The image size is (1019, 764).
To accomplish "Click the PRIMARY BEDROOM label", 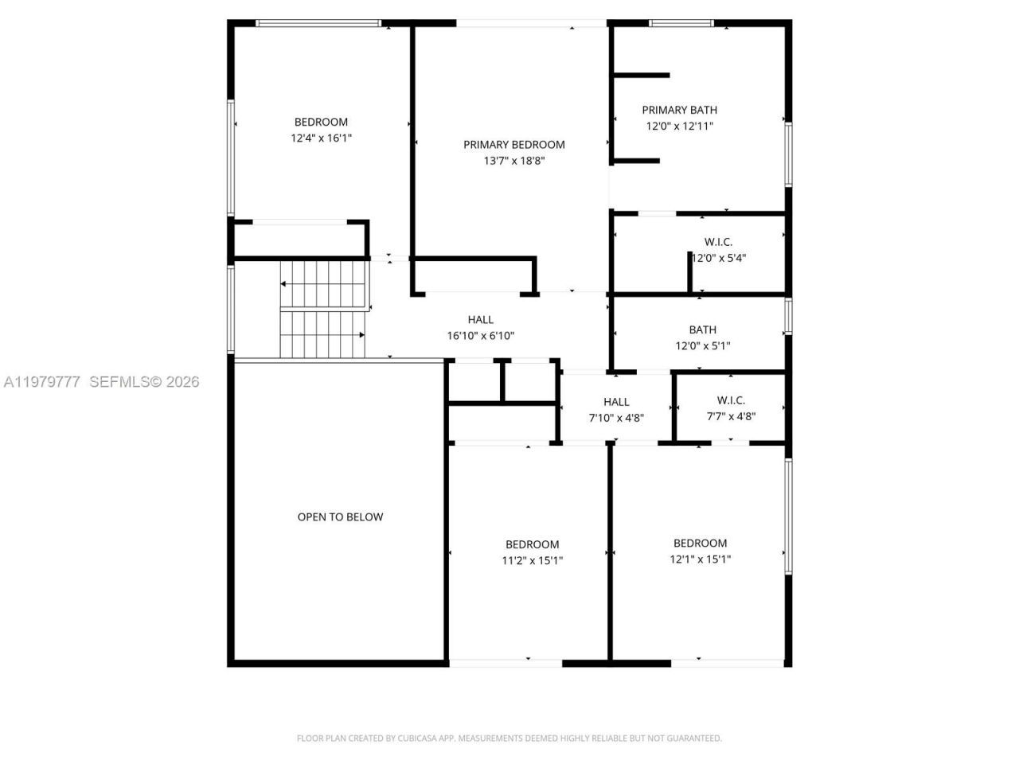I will [513, 144].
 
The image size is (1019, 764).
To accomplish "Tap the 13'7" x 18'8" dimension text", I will [513, 160].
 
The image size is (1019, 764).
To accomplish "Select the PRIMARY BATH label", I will [679, 110].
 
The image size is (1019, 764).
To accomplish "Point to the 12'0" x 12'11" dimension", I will [679, 126].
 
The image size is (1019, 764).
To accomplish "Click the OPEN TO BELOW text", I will [340, 516].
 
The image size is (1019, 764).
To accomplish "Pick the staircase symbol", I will [322, 310].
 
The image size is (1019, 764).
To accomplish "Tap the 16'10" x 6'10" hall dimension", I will [480, 335].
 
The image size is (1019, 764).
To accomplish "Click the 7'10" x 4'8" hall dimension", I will [615, 417].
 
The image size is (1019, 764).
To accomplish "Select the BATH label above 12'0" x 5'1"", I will [702, 329].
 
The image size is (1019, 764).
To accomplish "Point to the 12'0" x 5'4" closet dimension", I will [718, 257].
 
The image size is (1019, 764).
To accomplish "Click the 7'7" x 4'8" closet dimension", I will [730, 415].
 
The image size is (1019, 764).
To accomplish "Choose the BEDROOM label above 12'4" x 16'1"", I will [321, 122].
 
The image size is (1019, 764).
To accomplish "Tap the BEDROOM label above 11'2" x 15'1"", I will [532, 544].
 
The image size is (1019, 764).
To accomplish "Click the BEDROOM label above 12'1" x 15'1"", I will [700, 543].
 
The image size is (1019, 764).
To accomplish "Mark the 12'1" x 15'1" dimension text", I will [700, 559].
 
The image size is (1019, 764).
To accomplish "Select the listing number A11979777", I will [41, 382].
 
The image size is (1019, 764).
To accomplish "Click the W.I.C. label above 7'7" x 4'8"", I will [730, 400].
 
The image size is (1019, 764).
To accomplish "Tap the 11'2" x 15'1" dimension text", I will [532, 560].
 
